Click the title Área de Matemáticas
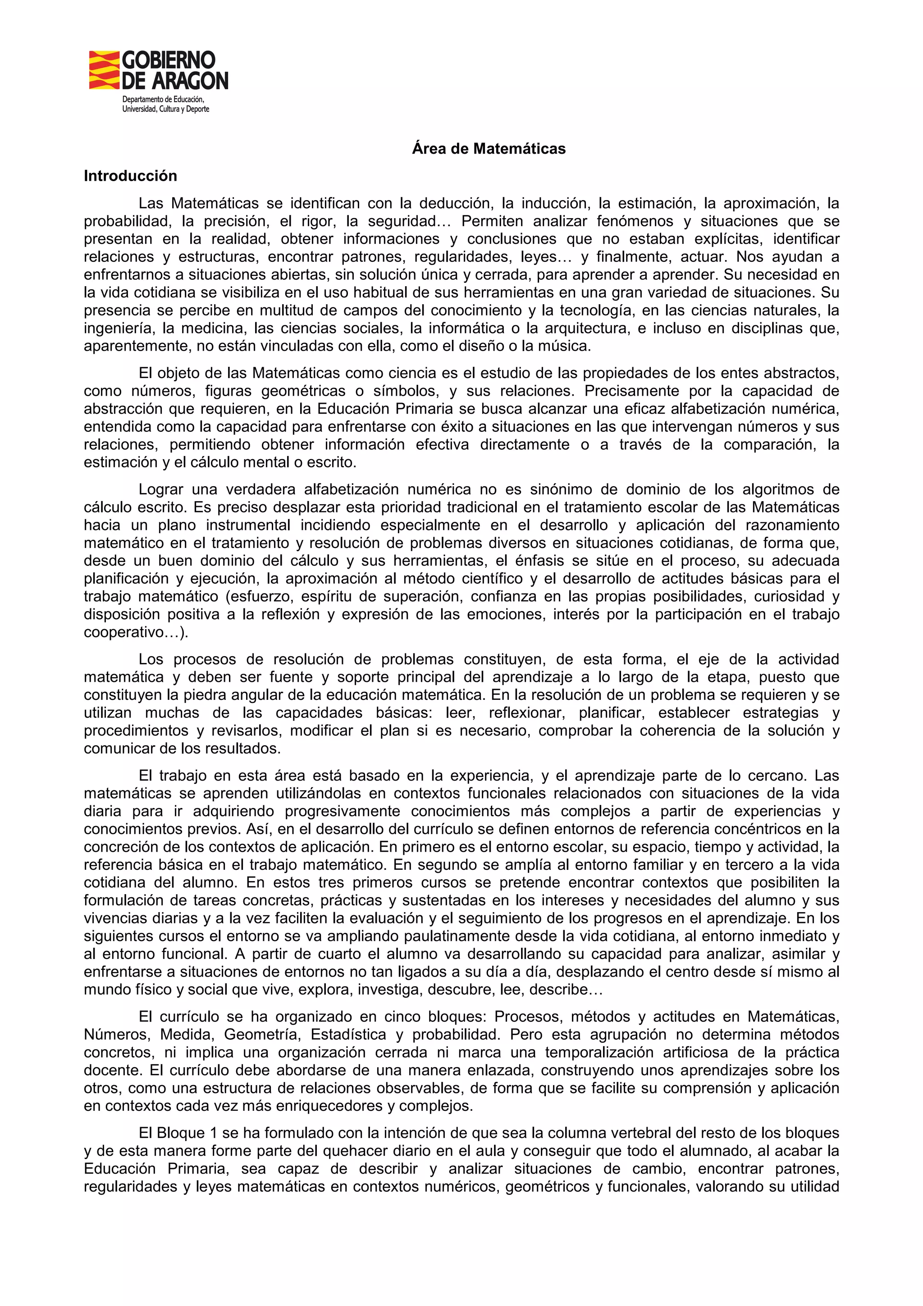(x=489, y=149)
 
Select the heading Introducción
(x=130, y=176)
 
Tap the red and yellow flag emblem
(x=104, y=70)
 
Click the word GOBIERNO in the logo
(x=169, y=60)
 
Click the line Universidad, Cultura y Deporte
(x=165, y=109)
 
